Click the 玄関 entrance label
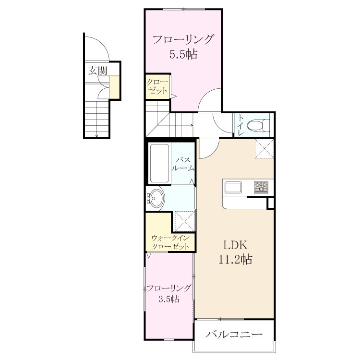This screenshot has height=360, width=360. [x=98, y=71]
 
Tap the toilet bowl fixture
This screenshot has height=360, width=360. [x=258, y=125]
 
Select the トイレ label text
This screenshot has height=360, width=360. [x=240, y=125]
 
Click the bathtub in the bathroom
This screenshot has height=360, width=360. [x=159, y=163]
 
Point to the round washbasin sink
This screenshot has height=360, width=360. [x=156, y=198]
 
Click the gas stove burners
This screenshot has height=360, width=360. [x=261, y=187]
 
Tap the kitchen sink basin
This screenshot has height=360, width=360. [x=233, y=187]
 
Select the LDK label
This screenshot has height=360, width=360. [x=235, y=245]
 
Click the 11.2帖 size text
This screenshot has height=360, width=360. [x=235, y=259]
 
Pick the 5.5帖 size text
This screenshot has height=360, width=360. [x=183, y=54]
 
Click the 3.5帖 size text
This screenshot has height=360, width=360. [x=169, y=299]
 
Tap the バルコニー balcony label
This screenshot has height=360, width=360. [x=234, y=334]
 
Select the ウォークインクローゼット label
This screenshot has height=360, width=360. [x=170, y=242]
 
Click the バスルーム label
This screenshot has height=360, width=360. [x=183, y=164]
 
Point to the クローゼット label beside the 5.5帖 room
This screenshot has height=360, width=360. [x=157, y=86]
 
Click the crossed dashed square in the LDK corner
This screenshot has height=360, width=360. [x=264, y=148]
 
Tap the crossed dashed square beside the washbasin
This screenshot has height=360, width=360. [x=185, y=221]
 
